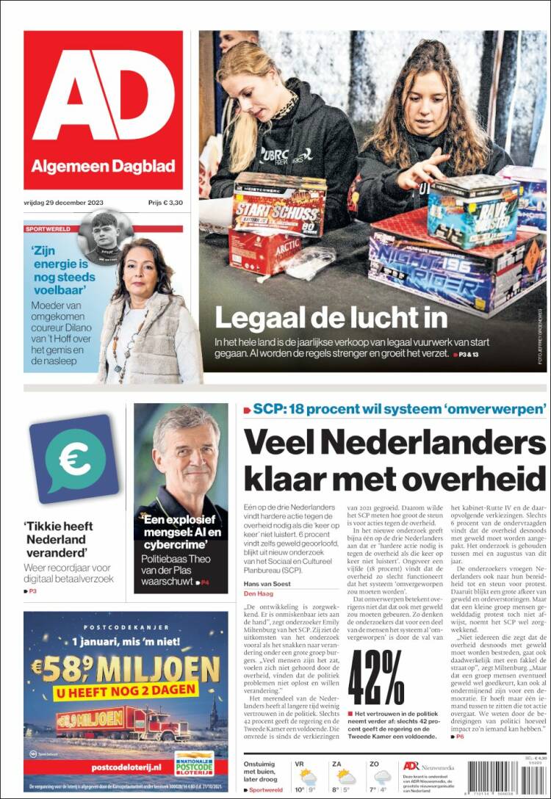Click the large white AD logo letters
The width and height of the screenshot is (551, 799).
pos(103,96)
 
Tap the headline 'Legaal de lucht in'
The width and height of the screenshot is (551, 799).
pos(331,317)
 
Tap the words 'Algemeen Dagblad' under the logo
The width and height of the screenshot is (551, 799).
pos(104,167)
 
